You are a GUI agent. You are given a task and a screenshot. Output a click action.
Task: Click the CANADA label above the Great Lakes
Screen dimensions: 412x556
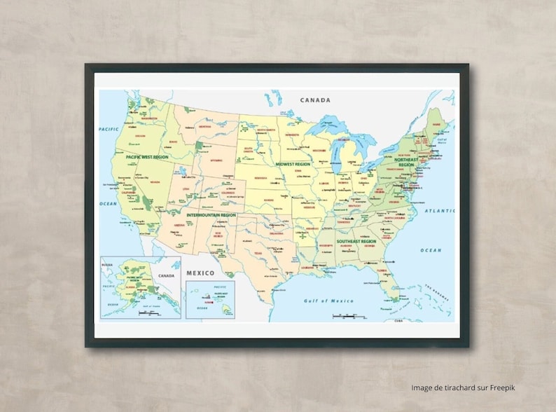(314, 100)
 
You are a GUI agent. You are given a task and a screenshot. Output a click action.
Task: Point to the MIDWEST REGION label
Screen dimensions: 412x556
(292, 164)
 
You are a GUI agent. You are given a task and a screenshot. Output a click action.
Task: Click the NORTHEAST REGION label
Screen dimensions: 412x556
(406, 162)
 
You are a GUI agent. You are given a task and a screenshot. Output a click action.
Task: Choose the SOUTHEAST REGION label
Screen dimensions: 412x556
(356, 242)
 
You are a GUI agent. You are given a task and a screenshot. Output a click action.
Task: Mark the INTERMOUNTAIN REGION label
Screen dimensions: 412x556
(209, 214)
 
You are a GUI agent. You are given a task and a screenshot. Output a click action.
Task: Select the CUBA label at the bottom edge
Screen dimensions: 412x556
(398, 320)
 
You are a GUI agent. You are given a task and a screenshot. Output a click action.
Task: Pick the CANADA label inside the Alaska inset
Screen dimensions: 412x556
(166, 275)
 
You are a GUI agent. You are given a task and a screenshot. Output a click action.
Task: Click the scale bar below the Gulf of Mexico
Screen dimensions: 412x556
(348, 316)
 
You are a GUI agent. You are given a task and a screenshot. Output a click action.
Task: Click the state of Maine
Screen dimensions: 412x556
(438, 124)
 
